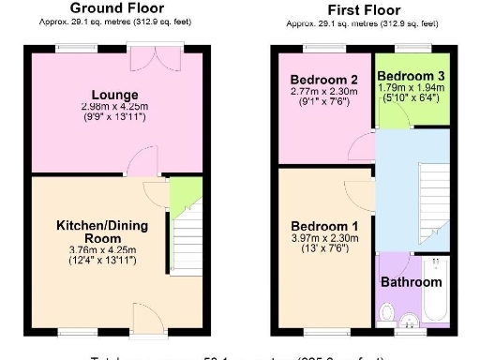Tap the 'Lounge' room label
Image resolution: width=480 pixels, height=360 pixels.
[115, 95]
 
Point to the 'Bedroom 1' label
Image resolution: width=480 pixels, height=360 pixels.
[324, 227]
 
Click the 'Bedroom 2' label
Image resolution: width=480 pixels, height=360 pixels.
[324, 79]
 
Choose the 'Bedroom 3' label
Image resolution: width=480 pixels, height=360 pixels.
[412, 76]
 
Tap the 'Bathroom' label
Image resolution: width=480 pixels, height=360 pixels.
[411, 282]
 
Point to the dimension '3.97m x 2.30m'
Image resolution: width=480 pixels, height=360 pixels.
[324, 240]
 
